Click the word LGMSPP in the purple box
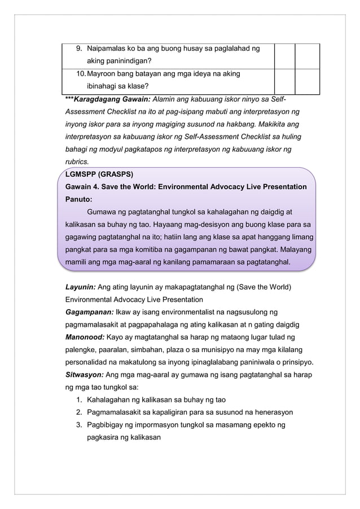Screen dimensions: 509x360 (x=80, y=174)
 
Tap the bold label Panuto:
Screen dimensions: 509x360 (x=78, y=199)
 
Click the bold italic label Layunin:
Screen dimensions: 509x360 (x=80, y=287)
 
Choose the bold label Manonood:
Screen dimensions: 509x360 (x=85, y=337)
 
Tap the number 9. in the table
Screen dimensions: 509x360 (x=80, y=49)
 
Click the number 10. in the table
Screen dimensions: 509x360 (x=81, y=74)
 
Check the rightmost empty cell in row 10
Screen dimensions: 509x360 (x=307, y=81)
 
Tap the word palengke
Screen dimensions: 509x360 (x=83, y=350)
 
